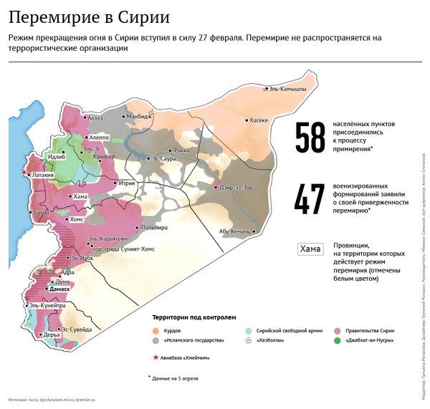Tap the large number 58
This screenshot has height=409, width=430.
[x=310, y=138]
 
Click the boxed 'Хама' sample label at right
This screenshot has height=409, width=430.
[x=310, y=249]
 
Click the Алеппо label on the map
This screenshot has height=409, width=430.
[x=98, y=136]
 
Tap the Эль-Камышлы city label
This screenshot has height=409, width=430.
[x=287, y=88]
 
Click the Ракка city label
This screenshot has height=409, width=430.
[x=181, y=150]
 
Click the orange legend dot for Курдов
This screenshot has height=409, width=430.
[x=156, y=330]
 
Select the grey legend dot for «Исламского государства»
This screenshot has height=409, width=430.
[x=156, y=341]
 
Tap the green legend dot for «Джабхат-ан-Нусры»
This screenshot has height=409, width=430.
[x=338, y=341]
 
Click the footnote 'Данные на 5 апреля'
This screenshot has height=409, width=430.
[x=176, y=377]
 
